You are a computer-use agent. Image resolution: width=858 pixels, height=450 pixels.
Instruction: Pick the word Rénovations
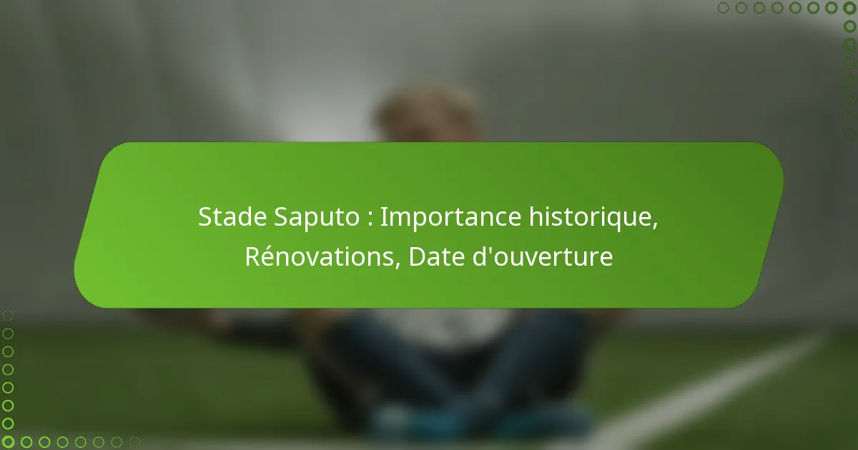(320, 256)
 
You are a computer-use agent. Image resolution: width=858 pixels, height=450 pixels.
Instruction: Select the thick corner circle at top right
(849, 8)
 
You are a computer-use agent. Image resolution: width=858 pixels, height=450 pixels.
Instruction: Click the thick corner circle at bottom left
(8, 442)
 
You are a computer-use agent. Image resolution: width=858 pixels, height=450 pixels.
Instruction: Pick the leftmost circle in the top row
(724, 8)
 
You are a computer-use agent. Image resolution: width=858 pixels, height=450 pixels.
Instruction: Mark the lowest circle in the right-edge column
(849, 134)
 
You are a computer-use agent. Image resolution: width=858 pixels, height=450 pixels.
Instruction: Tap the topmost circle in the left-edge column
(8, 315)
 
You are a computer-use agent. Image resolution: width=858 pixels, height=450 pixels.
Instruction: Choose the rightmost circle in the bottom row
(134, 442)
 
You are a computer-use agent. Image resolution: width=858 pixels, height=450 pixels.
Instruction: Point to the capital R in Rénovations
(252, 256)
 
